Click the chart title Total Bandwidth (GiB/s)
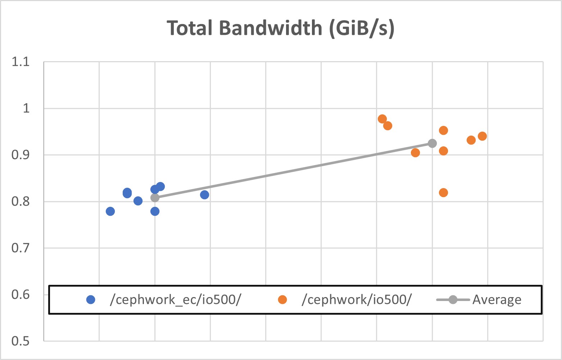(x=281, y=28)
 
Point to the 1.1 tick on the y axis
(x=21, y=62)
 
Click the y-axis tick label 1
(x=26, y=108)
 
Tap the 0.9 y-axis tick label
(x=21, y=155)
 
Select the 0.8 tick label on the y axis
(x=21, y=201)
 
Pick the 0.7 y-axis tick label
(x=21, y=248)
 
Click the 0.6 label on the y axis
(x=21, y=295)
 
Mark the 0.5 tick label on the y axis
(x=21, y=341)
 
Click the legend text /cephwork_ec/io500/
(x=175, y=300)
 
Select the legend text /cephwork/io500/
(x=356, y=300)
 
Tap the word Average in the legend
(x=497, y=300)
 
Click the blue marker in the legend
(x=91, y=300)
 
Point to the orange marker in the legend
(x=282, y=300)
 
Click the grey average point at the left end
(x=155, y=197)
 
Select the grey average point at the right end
(x=432, y=143)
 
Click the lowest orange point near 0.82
(x=443, y=193)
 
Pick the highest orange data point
(x=382, y=119)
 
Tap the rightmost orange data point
(x=482, y=136)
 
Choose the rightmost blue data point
(x=204, y=195)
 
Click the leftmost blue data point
(x=110, y=211)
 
